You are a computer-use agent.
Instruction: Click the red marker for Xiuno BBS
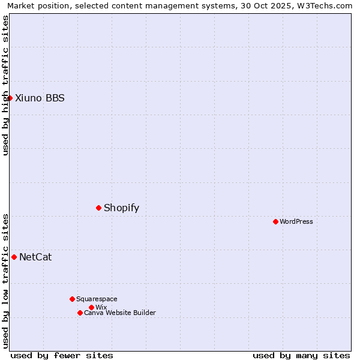point(10,98)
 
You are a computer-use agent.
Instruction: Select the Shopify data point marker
point(98,208)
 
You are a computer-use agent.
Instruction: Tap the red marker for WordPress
point(275,221)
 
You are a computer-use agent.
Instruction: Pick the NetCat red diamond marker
point(14,257)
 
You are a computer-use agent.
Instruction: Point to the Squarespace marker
point(72,299)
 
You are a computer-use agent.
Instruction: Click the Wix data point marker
point(91,307)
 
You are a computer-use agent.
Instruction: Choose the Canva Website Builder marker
point(80,313)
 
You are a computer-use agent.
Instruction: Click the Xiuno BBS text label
point(40,98)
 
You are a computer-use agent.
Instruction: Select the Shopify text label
point(121,208)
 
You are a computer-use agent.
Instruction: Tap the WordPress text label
point(296,221)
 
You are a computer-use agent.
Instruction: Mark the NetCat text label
point(35,257)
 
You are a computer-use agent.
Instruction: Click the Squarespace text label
point(97,299)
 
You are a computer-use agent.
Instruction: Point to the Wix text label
point(101,307)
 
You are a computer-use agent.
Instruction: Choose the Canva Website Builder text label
point(120,313)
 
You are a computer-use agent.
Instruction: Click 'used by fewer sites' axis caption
point(62,355)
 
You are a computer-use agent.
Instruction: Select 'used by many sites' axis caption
point(301,355)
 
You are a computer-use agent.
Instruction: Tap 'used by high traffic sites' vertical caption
point(5,85)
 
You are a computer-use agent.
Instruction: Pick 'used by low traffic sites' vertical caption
point(5,281)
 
